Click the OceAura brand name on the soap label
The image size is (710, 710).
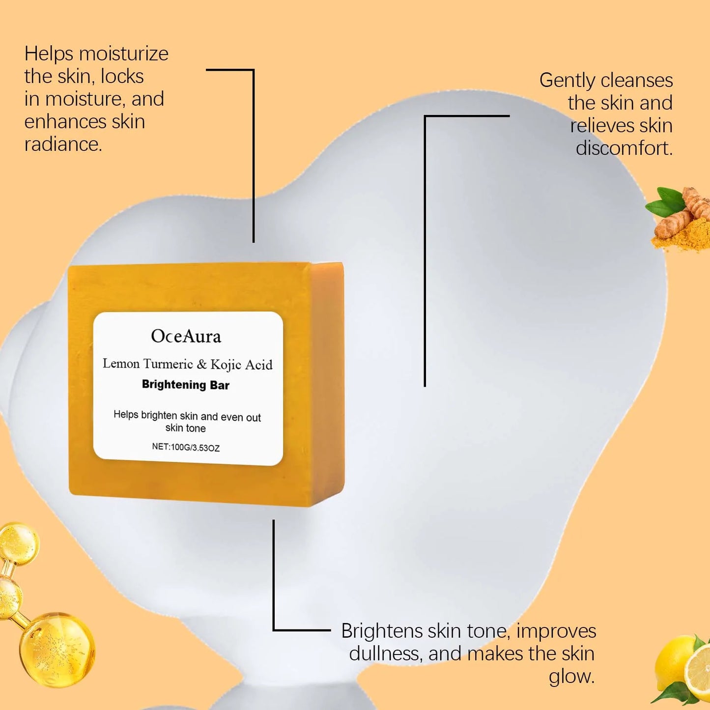coord(186,337)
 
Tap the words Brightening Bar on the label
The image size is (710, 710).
coord(186,385)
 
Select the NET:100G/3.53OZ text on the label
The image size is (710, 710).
coord(186,447)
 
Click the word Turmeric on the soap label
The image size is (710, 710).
coord(168,364)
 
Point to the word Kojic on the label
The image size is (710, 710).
coord(226,365)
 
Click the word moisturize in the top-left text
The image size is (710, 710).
coord(123,54)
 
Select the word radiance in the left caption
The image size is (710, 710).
coord(62,144)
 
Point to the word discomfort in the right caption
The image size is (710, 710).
coord(624,148)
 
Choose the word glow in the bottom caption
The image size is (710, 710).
coord(571,677)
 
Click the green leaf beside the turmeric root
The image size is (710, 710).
coord(663,202)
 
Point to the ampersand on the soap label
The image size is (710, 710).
coord(201,365)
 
